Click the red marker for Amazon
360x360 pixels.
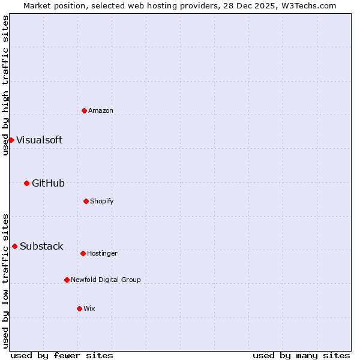pyautogui.click(x=84, y=110)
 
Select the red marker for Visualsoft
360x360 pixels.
pyautogui.click(x=11, y=140)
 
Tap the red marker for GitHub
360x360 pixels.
pyautogui.click(x=26, y=183)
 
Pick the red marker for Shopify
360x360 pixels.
pyautogui.click(x=86, y=201)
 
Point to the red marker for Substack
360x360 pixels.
pyautogui.click(x=14, y=246)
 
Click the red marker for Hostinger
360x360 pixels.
pyautogui.click(x=83, y=253)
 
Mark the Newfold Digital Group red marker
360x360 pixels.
pyautogui.click(x=67, y=280)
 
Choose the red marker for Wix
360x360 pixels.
pyautogui.click(x=79, y=308)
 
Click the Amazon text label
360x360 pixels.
pyautogui.click(x=101, y=110)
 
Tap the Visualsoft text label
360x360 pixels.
pyautogui.click(x=39, y=140)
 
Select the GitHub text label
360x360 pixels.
pyautogui.click(x=48, y=183)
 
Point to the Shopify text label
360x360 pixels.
pyautogui.click(x=102, y=201)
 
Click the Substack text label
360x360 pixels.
pyautogui.click(x=41, y=246)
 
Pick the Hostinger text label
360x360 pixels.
pyautogui.click(x=102, y=253)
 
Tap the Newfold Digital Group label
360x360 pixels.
pyautogui.click(x=106, y=280)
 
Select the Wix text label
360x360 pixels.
pyautogui.click(x=89, y=308)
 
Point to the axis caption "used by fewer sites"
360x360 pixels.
pyautogui.click(x=62, y=355)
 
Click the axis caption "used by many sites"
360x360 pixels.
pyautogui.click(x=301, y=355)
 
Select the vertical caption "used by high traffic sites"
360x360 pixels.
pyautogui.click(x=5, y=85)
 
